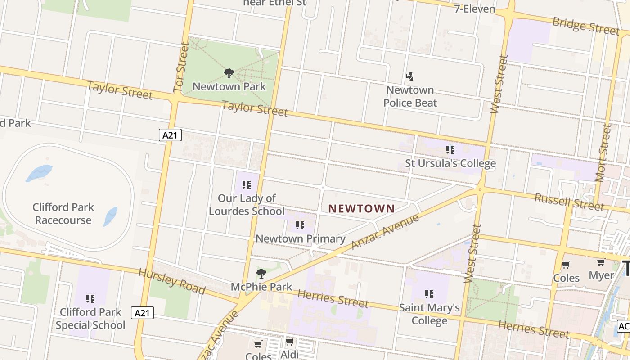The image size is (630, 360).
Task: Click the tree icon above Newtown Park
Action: click(229, 73)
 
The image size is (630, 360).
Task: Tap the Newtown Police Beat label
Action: click(410, 96)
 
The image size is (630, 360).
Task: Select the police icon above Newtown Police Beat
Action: click(409, 76)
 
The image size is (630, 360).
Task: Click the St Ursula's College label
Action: click(450, 163)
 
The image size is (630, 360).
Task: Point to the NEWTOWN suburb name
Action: click(361, 209)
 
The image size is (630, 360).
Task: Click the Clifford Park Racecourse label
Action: click(63, 214)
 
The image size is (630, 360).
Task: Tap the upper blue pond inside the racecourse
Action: click(39, 173)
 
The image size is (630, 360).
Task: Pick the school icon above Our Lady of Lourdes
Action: click(246, 184)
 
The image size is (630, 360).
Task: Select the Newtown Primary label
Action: click(300, 238)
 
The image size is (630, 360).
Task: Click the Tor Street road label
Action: click(182, 67)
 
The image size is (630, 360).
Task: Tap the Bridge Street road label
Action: click(585, 26)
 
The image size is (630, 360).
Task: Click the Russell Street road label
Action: click(569, 202)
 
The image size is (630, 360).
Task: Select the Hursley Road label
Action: click(172, 281)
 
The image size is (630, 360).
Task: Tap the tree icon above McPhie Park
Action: click(261, 273)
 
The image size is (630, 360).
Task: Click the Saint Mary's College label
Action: click(429, 314)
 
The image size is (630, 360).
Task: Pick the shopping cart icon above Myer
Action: click(601, 262)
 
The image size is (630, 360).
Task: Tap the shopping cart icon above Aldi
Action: click(290, 342)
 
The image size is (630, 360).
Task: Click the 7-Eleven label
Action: click(474, 9)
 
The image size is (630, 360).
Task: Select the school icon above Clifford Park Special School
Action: click(90, 298)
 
